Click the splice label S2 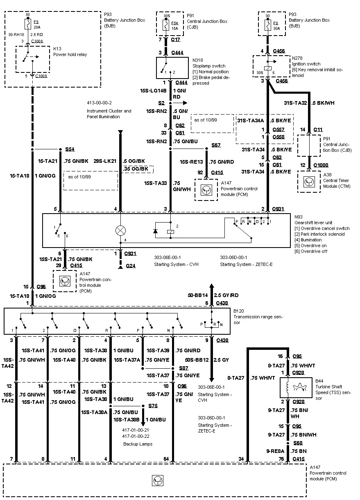click(161, 103)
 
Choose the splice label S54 click(70, 149)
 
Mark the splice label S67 click(216, 145)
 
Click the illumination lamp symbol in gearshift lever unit click(120, 231)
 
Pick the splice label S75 click(153, 406)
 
